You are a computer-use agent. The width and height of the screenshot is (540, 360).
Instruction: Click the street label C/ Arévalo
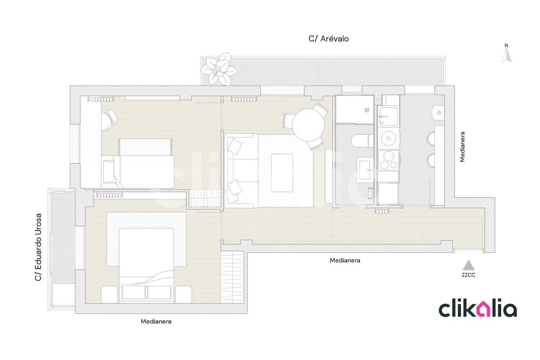pyautogui.click(x=329, y=39)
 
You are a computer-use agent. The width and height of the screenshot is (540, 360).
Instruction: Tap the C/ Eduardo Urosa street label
pyautogui.click(x=38, y=247)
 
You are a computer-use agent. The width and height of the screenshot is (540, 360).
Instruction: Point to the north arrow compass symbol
pyautogui.click(x=506, y=53)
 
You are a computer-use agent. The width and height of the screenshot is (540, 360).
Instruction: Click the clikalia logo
pyautogui.click(x=478, y=311)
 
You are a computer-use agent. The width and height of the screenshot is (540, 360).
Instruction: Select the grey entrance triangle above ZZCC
pyautogui.click(x=468, y=265)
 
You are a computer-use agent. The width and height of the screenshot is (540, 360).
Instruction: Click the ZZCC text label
pyautogui.click(x=468, y=275)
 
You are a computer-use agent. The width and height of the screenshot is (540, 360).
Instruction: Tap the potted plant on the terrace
pyautogui.click(x=219, y=69)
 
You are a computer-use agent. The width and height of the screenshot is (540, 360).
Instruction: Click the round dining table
pyautogui.click(x=308, y=125)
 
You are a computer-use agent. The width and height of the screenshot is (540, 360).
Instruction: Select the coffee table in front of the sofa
pyautogui.click(x=282, y=173)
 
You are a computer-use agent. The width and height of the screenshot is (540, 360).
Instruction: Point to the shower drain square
pyautogui.click(x=367, y=110)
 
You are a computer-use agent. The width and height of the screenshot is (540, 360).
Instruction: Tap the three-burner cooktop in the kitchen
pyautogui.click(x=388, y=160)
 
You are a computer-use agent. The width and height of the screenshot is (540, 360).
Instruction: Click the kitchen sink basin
pyautogui.click(x=388, y=117)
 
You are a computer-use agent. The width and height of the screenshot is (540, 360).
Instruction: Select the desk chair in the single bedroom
pyautogui.click(x=109, y=120)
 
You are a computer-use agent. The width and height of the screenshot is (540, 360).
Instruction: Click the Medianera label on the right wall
pyautogui.click(x=462, y=147)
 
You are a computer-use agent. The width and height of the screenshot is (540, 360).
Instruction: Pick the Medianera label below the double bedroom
pyautogui.click(x=156, y=321)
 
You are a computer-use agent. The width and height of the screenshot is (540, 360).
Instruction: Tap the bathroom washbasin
pyautogui.click(x=364, y=170)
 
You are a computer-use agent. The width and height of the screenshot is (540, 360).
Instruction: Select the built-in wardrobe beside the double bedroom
pyautogui.click(x=232, y=277)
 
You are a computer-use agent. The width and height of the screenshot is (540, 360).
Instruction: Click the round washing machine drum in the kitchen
pyautogui.click(x=388, y=138)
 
